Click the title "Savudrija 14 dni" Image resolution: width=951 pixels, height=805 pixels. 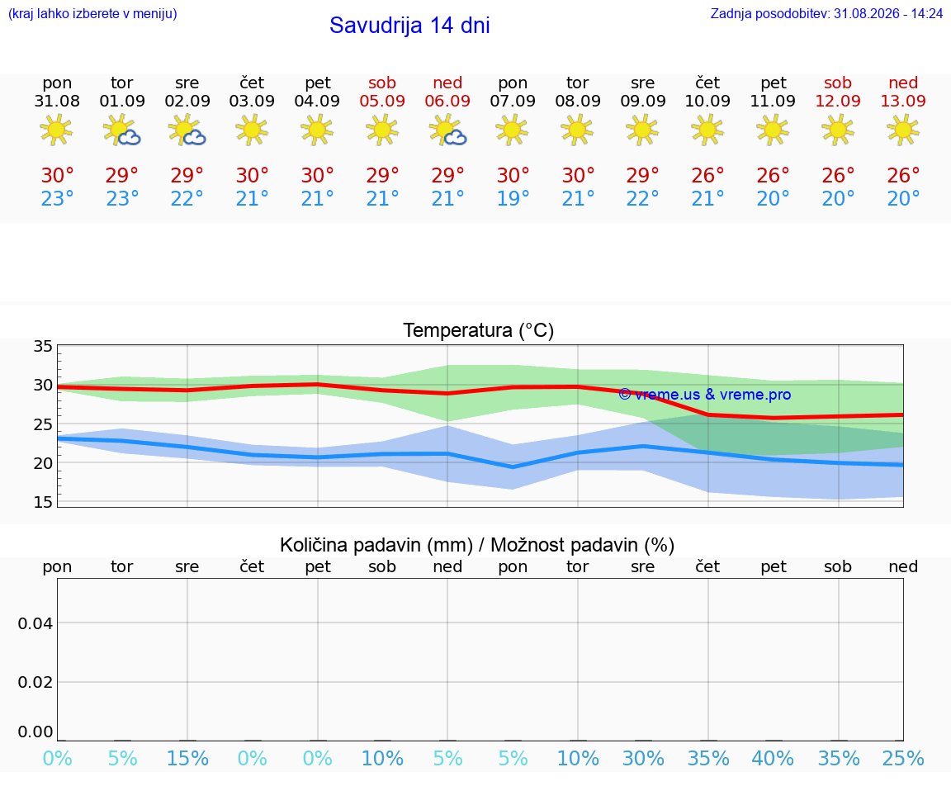[409, 26]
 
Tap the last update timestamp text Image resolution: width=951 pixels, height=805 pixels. [826, 14]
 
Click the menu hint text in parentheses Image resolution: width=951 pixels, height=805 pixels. [92, 14]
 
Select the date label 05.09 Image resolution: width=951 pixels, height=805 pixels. [382, 102]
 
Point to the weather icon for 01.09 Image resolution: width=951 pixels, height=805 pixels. [122, 130]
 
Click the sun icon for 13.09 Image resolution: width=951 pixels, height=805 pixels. [903, 130]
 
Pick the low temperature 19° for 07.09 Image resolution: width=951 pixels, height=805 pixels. [513, 198]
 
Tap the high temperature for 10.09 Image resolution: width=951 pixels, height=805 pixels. [707, 176]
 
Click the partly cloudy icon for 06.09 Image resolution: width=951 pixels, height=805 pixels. [447, 130]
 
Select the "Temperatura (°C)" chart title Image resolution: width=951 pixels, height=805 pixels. [479, 330]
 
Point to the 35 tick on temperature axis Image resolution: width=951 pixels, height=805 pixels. [42, 347]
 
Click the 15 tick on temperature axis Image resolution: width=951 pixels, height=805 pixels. [42, 502]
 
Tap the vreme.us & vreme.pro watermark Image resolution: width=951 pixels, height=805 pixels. [705, 395]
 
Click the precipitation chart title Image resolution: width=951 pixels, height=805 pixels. [477, 546]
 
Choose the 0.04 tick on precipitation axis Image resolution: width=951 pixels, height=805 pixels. [35, 623]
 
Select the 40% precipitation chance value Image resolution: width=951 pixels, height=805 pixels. [773, 759]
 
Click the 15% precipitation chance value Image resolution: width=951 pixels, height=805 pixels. [187, 759]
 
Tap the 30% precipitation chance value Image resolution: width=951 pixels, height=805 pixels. [643, 759]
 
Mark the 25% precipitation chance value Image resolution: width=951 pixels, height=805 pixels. [903, 759]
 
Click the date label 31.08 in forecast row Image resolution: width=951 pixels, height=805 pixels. [57, 102]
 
